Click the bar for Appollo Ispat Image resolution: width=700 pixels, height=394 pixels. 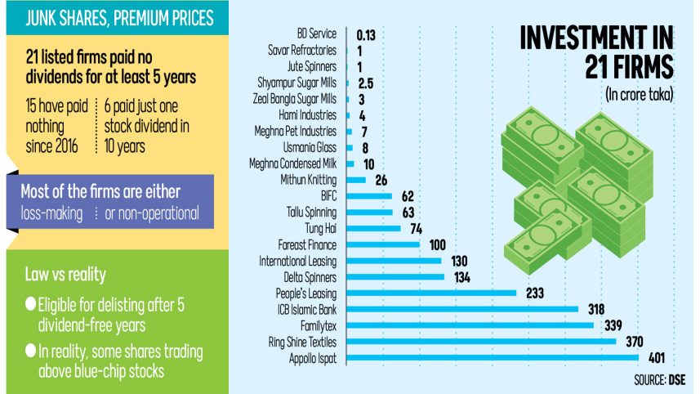click(493, 357)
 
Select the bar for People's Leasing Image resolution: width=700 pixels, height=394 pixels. click(431, 293)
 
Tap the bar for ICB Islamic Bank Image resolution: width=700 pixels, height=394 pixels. click(462, 309)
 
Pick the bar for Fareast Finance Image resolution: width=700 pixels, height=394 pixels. click(383, 244)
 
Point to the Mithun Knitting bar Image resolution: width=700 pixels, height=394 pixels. click(356, 180)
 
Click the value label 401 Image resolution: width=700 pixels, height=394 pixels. click(657, 358)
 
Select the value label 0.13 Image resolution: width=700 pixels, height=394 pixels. click(366, 35)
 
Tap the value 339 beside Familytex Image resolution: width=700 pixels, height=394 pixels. click(613, 325)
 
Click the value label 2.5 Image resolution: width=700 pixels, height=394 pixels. click(366, 83)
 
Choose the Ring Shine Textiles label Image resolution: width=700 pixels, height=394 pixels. click(302, 343)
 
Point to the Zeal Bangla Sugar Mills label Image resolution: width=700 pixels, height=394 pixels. click(295, 99)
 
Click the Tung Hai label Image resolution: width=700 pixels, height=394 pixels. click(320, 228)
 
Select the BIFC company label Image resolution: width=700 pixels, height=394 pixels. click(328, 195)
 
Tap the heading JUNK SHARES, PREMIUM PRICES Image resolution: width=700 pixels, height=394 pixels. click(119, 18)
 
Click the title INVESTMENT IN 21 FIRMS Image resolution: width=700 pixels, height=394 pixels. click(596, 51)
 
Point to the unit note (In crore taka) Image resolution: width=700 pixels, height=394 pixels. click(640, 95)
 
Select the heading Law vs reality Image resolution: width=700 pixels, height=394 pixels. click(65, 275)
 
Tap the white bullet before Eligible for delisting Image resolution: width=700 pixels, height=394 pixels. click(30, 304)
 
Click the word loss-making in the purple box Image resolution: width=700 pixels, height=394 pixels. click(51, 213)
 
